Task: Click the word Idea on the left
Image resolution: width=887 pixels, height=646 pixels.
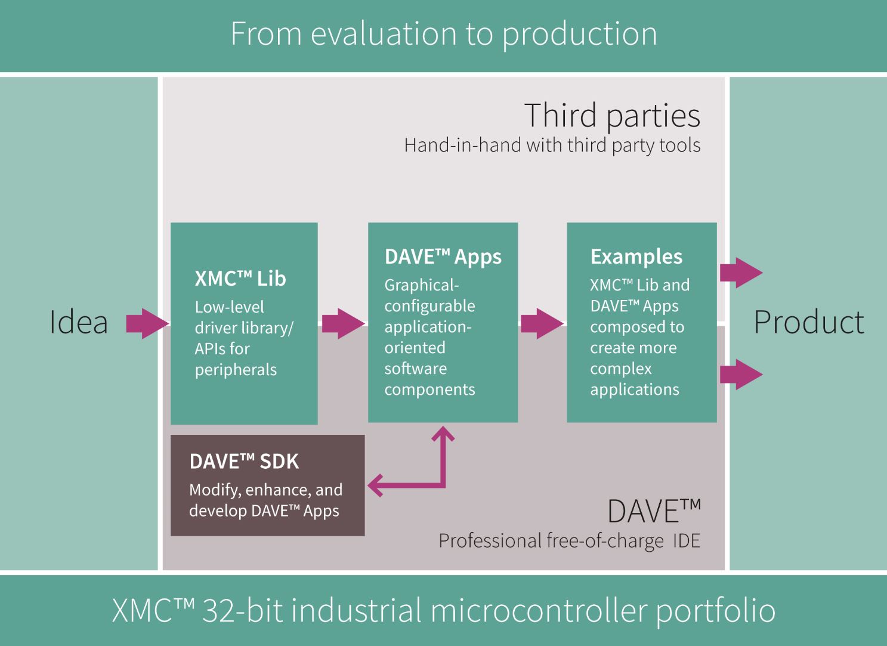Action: (x=78, y=322)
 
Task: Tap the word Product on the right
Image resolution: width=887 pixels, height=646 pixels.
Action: (x=809, y=322)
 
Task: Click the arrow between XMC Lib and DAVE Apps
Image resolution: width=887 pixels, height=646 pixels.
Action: (x=344, y=323)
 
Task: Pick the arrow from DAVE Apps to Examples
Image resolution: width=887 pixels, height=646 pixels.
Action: (x=542, y=323)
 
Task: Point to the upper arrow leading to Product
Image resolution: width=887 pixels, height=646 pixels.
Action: (x=741, y=273)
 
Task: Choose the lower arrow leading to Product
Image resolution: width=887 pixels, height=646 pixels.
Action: (x=741, y=374)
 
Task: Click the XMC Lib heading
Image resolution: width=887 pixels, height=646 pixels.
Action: (x=240, y=278)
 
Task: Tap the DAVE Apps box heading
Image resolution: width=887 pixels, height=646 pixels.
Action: (x=443, y=256)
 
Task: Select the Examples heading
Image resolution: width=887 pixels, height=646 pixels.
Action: (x=636, y=256)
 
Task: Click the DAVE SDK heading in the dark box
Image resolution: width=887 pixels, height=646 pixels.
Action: (x=244, y=461)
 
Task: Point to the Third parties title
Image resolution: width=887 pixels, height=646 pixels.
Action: (x=612, y=115)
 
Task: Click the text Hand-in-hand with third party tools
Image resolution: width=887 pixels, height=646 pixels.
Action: (x=552, y=146)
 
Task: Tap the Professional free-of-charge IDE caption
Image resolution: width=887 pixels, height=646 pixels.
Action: (x=570, y=540)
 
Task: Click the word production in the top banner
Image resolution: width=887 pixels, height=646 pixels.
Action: (x=579, y=35)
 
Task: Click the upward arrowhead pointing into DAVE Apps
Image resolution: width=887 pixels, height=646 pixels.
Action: (x=443, y=434)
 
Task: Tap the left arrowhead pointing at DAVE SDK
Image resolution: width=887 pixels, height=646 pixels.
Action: (x=375, y=485)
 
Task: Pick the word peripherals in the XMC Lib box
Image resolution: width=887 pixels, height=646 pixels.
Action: (x=236, y=370)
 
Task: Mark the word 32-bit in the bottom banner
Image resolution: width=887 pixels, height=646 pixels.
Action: (x=243, y=610)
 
